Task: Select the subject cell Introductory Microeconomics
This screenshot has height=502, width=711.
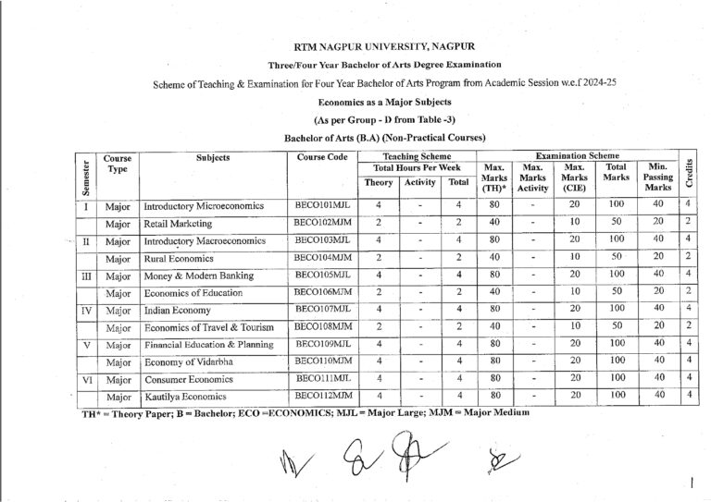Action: pos(204,205)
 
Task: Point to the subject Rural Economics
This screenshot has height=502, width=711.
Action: pos(178,257)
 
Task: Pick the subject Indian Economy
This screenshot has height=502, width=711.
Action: pos(177,310)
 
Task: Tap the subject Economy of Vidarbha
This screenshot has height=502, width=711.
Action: pos(190,361)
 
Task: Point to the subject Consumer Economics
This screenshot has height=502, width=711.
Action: pos(185,378)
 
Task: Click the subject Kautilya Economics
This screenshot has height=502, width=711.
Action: pos(183,397)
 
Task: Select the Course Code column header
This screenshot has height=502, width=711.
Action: pos(320,158)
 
